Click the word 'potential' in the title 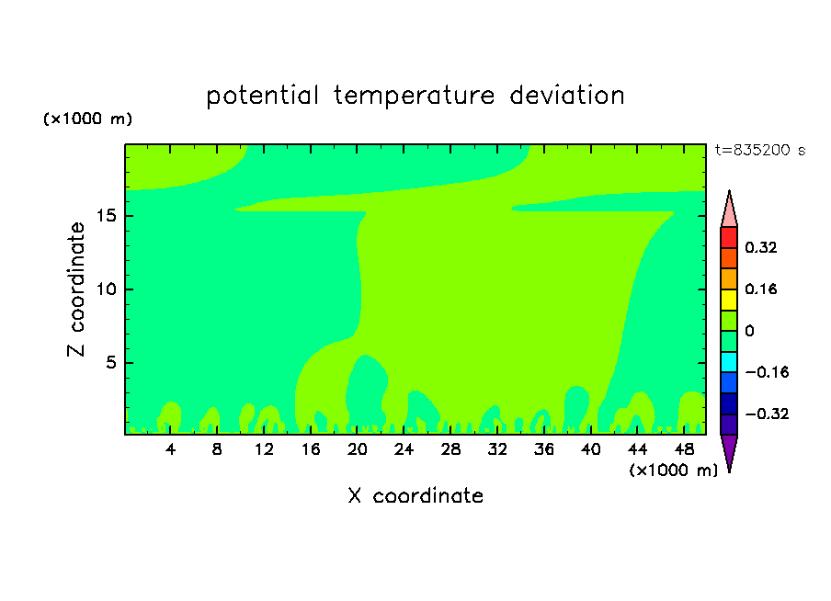262,96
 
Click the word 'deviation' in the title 567,96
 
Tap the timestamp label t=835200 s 760,151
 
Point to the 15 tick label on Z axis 107,216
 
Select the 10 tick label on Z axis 107,289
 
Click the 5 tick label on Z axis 111,362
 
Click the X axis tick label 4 170,449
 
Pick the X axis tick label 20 358,449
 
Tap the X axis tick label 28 450,449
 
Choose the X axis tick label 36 544,449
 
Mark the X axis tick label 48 684,449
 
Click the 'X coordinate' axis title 415,496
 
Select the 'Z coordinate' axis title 76,289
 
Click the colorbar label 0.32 761,247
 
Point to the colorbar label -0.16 767,372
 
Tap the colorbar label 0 749,331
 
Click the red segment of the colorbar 729,237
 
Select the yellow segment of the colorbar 729,300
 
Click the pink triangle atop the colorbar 729,211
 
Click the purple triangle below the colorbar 729,450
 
